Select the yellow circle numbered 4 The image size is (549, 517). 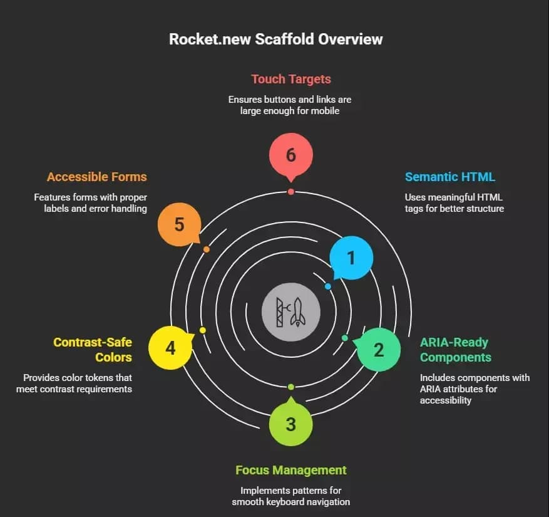170,348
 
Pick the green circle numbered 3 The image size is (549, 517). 290,424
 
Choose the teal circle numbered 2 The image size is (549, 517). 379,350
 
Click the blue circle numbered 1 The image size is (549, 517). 351,258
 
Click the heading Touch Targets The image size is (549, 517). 290,79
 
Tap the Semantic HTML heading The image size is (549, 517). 449,177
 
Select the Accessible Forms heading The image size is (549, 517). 96,177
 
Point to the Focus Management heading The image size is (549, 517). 290,470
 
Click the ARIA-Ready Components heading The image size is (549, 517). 455,350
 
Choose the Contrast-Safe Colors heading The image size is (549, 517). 93,350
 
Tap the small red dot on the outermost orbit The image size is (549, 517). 290,191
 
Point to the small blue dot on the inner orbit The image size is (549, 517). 328,286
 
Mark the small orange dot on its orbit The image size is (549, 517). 207,249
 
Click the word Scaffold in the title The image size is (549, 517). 285,39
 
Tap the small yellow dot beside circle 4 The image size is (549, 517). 202,330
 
